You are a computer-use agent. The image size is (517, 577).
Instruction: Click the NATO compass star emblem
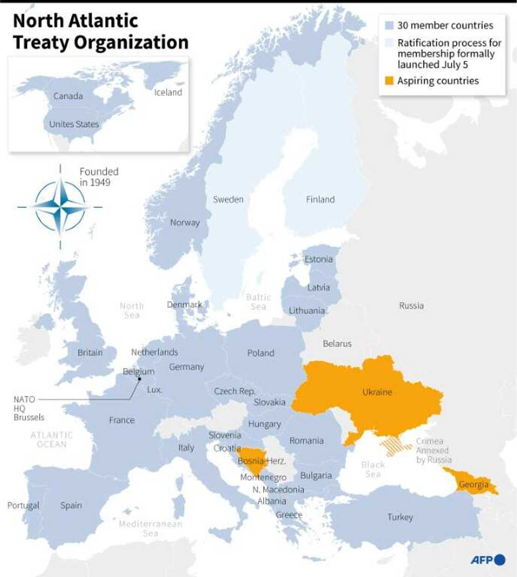[60, 207]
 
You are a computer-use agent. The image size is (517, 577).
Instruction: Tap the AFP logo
[487, 560]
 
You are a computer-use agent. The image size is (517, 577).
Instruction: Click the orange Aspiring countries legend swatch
[389, 81]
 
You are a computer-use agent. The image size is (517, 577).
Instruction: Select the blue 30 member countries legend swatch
[389, 26]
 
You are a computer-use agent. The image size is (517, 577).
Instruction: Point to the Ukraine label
[377, 392]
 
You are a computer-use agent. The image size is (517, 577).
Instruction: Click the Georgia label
[473, 484]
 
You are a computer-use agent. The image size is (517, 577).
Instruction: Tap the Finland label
[320, 199]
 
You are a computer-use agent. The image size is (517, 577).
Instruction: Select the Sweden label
[228, 199]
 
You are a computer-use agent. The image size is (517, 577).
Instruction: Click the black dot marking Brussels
[139, 379]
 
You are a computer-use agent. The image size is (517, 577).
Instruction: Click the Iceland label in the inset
[168, 92]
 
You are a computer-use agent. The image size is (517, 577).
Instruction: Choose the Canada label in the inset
[68, 96]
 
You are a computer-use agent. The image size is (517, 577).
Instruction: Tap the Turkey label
[400, 517]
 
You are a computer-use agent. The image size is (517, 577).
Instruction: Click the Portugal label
[23, 505]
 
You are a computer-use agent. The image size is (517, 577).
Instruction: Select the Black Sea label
[373, 469]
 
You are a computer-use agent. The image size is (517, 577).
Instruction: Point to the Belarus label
[337, 343]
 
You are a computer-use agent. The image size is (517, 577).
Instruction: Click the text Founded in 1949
[98, 177]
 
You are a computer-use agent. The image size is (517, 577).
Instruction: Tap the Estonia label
[318, 259]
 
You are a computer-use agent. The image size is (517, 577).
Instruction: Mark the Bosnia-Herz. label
[262, 461]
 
